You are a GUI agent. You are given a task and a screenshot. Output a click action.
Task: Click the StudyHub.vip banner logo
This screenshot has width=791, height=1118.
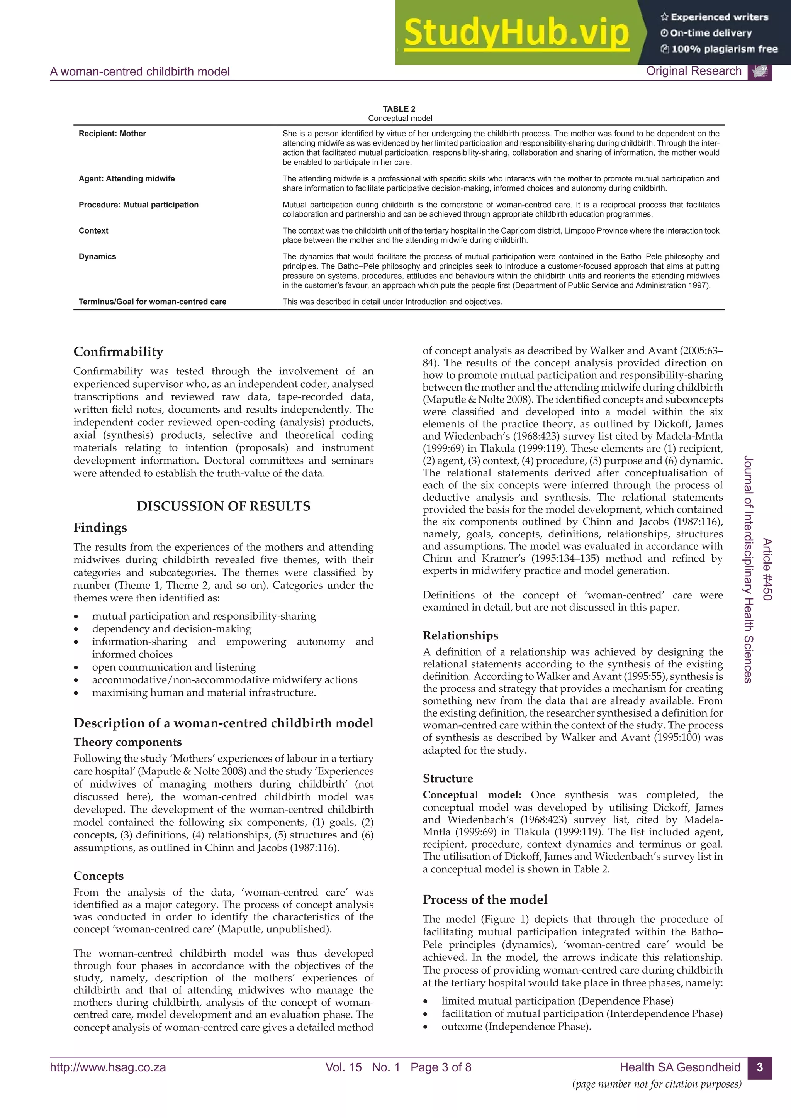516,33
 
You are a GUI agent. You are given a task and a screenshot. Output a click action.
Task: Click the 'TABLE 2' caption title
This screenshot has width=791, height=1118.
399,109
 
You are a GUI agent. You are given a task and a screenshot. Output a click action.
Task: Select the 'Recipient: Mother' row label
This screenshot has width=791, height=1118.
112,134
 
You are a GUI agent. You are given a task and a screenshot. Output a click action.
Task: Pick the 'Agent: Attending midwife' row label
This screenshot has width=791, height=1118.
127,179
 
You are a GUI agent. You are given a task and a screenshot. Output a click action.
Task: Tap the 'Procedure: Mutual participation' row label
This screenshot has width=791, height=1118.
139,205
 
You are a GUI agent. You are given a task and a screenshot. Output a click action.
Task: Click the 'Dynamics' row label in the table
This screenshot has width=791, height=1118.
97,257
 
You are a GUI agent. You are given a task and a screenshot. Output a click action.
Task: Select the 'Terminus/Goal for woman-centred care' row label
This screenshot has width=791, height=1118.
153,302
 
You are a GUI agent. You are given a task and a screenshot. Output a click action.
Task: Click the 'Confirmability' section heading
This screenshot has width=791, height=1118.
118,352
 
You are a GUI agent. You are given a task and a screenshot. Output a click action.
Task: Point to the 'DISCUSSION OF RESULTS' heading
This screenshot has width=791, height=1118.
223,506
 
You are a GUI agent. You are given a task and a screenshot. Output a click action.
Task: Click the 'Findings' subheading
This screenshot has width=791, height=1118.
100,528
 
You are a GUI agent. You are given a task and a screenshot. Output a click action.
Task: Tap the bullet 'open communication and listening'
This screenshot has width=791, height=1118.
174,667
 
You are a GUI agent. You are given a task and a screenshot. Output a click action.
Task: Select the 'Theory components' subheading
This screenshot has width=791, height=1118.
127,742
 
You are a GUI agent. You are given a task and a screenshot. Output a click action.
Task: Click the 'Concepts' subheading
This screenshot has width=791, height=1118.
99,876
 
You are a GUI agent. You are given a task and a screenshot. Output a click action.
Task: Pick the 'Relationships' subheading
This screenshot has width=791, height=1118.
460,635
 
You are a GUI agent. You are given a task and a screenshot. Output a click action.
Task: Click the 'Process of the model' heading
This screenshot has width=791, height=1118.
485,899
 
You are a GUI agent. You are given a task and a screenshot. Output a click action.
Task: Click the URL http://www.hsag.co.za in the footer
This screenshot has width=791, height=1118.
108,1067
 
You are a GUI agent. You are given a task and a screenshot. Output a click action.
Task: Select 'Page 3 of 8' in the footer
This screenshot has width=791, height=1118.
441,1067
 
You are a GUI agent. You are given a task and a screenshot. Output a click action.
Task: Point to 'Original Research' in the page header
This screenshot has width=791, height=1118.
694,71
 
